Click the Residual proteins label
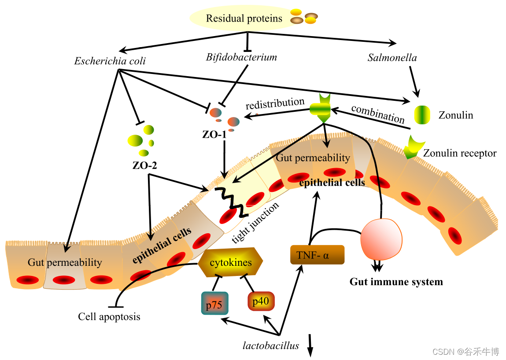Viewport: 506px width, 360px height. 244,18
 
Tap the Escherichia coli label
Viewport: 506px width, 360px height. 110,61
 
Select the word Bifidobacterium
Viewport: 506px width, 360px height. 241,57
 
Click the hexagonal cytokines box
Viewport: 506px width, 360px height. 230,263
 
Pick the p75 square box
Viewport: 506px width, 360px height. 214,303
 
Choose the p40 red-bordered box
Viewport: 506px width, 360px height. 261,301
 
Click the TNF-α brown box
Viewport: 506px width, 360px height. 317,255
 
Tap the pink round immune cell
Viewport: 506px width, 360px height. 381,240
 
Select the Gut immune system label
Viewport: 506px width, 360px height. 396,282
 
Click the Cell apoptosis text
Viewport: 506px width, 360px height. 109,316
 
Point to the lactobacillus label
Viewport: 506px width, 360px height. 271,345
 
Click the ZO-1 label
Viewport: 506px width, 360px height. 215,135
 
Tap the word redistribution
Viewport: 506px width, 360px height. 275,104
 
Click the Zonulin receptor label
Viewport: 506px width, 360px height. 459,153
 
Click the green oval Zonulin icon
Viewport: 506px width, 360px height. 421,114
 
